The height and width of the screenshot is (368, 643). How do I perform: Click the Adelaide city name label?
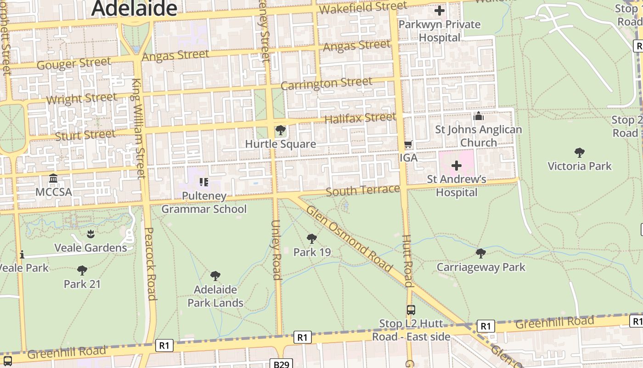134,8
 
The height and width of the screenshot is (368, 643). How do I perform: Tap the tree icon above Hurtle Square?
280,131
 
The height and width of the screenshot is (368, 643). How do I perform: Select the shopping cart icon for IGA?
408,144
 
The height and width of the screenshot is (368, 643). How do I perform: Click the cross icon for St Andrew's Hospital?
456,166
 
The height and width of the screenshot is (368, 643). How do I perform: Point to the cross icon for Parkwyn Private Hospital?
439,11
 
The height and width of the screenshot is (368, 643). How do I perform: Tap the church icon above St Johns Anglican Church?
478,116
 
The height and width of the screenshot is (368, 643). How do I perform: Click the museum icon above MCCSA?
53,178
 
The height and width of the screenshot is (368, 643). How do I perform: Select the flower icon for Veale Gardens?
90,234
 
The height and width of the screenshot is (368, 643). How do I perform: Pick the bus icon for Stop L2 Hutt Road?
411,310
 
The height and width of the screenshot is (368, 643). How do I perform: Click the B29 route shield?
281,364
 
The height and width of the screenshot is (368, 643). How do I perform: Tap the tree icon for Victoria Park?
579,152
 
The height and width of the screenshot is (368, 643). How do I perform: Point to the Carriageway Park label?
481,267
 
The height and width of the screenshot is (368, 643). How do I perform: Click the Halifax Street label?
360,118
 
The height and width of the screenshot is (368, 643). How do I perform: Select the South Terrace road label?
363,190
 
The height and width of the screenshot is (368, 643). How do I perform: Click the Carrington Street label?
326,84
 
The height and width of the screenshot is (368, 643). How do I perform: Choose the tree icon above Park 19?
312,238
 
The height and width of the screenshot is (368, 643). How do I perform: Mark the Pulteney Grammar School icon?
204,182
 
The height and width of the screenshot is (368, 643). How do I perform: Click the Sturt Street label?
85,135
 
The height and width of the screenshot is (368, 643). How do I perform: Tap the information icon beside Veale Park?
22,254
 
